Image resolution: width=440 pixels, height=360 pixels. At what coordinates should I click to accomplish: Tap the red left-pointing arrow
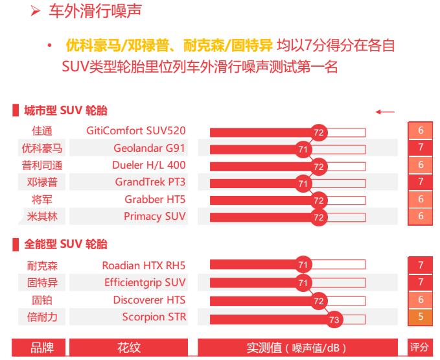[384, 112]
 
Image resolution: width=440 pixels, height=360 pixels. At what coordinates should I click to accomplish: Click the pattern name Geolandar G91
[150, 148]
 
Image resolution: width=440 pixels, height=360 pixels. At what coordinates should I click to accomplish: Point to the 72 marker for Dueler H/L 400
[318, 166]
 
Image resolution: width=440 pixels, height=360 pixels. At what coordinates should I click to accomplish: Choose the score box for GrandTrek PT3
[421, 182]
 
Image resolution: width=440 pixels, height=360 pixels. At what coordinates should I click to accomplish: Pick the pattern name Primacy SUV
[155, 216]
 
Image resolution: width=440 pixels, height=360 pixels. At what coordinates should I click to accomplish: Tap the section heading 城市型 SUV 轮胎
[65, 112]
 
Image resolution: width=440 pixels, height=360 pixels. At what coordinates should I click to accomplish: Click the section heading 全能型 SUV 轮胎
[65, 245]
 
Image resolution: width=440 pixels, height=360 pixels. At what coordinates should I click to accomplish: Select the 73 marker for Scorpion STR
[334, 318]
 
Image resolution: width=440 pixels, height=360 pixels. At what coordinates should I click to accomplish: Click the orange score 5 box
[421, 317]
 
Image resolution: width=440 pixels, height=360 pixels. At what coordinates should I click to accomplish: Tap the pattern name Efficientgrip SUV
[145, 282]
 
